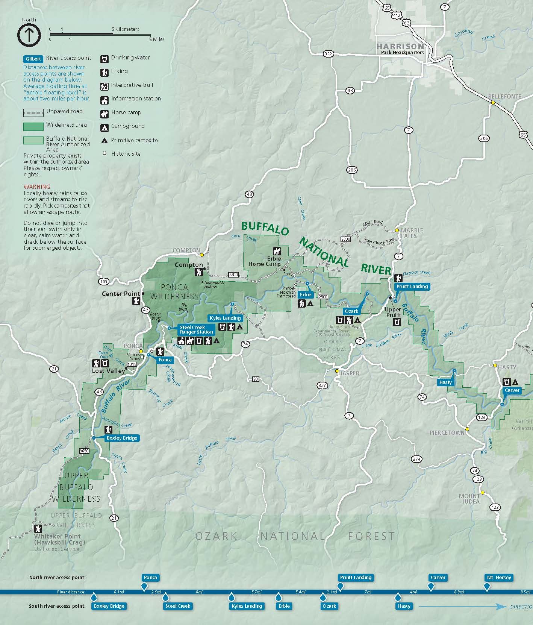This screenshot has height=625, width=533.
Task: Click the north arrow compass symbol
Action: click(29, 35)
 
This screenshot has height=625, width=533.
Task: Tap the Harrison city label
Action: click(400, 46)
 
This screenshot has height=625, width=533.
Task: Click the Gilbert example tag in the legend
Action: click(33, 59)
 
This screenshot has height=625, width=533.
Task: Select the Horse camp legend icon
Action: click(104, 113)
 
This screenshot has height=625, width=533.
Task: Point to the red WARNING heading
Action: click(36, 187)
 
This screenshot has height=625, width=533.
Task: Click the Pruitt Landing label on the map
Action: click(412, 287)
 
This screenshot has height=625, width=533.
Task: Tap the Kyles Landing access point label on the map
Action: click(225, 318)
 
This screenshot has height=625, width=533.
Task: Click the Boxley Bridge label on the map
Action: click(121, 438)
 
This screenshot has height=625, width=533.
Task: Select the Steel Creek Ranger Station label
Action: click(196, 330)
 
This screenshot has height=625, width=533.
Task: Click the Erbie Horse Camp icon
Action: click(277, 251)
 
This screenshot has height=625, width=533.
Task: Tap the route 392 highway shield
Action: click(328, 54)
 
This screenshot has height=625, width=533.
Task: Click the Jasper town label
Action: click(350, 373)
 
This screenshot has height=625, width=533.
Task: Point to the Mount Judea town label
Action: click(469, 499)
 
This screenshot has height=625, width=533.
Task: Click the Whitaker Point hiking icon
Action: click(38, 528)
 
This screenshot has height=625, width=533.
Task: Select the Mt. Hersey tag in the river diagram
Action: click(499, 578)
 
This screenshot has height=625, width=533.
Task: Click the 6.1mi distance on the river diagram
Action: click(119, 592)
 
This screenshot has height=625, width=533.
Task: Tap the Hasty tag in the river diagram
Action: click(404, 606)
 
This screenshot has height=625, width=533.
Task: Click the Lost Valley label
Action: click(108, 371)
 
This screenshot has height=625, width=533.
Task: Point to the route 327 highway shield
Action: click(322, 385)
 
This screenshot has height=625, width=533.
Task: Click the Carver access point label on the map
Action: click(512, 390)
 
